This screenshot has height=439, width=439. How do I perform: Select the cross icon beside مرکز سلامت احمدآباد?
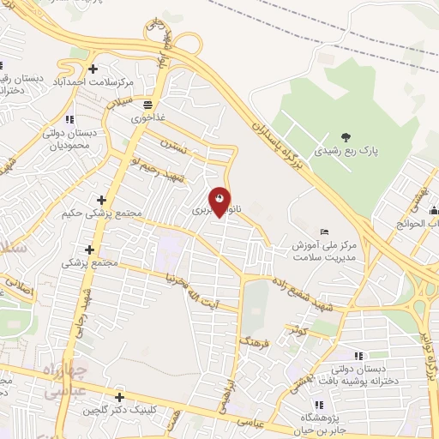93,68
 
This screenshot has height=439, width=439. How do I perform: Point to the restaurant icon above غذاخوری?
147,101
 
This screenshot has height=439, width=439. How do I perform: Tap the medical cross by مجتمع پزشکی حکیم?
101,199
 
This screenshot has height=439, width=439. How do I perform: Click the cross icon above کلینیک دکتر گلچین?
119,397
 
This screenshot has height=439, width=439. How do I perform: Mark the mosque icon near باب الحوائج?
433,211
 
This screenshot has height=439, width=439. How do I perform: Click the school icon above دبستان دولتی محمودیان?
69,118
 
